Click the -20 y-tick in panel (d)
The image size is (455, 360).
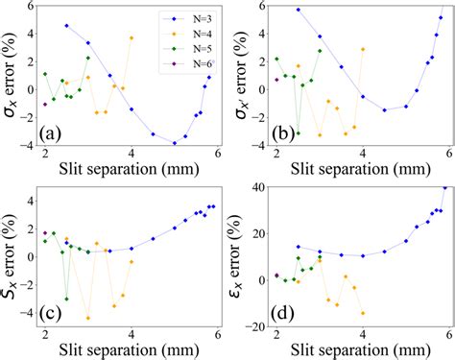254,325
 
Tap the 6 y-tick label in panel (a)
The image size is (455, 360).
32,6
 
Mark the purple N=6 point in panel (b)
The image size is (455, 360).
276,80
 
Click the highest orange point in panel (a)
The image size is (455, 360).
132,37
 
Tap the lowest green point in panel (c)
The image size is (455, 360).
66,299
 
